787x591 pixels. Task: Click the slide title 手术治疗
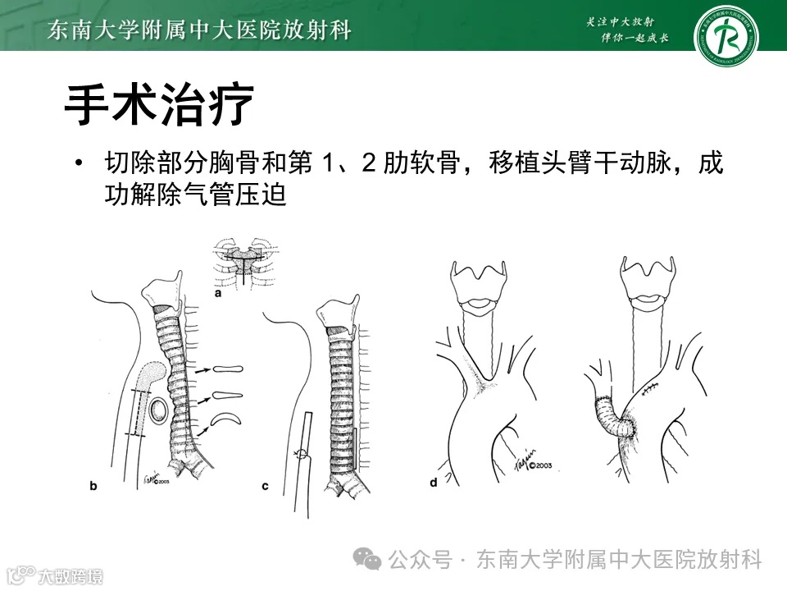(158, 105)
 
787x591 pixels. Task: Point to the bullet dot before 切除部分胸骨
(79, 164)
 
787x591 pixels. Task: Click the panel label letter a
(219, 291)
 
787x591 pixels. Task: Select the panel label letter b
(93, 486)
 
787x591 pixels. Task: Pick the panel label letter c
(266, 486)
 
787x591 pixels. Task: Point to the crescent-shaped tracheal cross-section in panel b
(225, 421)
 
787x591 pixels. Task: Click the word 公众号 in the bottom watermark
(421, 561)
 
